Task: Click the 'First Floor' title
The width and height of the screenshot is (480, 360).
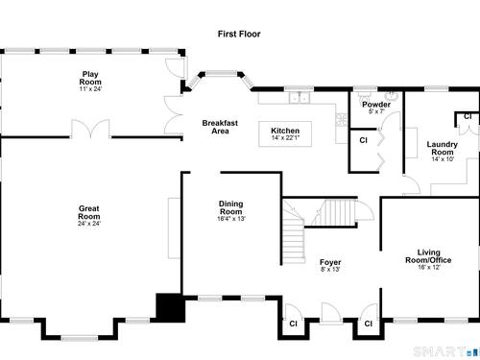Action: [239, 34]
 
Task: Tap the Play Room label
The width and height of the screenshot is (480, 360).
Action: [90, 78]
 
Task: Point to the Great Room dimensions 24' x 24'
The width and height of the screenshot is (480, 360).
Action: [89, 224]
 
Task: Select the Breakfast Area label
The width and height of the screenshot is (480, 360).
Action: [220, 127]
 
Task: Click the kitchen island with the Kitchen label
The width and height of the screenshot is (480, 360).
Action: [285, 134]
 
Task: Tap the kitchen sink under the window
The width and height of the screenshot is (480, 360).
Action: [300, 98]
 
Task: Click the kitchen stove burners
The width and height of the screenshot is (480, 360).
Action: [342, 120]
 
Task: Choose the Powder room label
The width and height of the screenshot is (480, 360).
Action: [376, 105]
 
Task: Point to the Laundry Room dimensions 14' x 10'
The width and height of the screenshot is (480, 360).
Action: [443, 159]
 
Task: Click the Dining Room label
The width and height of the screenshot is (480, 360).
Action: [230, 207]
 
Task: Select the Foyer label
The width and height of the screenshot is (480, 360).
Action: [330, 262]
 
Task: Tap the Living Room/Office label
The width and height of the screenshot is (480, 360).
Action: [428, 256]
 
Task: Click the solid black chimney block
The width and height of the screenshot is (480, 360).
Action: [170, 307]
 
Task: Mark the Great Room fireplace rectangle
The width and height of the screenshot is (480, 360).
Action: [175, 228]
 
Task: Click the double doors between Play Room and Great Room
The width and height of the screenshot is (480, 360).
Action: [90, 129]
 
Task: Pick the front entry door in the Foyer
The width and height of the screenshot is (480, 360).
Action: [331, 314]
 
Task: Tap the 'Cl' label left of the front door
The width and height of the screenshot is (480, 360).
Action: [293, 324]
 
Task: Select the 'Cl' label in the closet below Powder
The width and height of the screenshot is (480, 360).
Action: [363, 140]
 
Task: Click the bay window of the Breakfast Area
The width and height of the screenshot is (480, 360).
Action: [221, 79]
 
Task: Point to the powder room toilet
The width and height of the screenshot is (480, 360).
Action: [363, 98]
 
